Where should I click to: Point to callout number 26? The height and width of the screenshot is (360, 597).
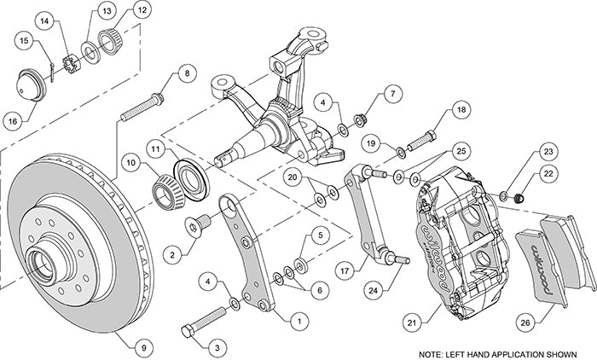point(525,321)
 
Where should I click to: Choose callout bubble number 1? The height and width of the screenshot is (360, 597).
point(298,321)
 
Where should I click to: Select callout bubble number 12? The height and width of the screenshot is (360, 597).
point(140,13)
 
